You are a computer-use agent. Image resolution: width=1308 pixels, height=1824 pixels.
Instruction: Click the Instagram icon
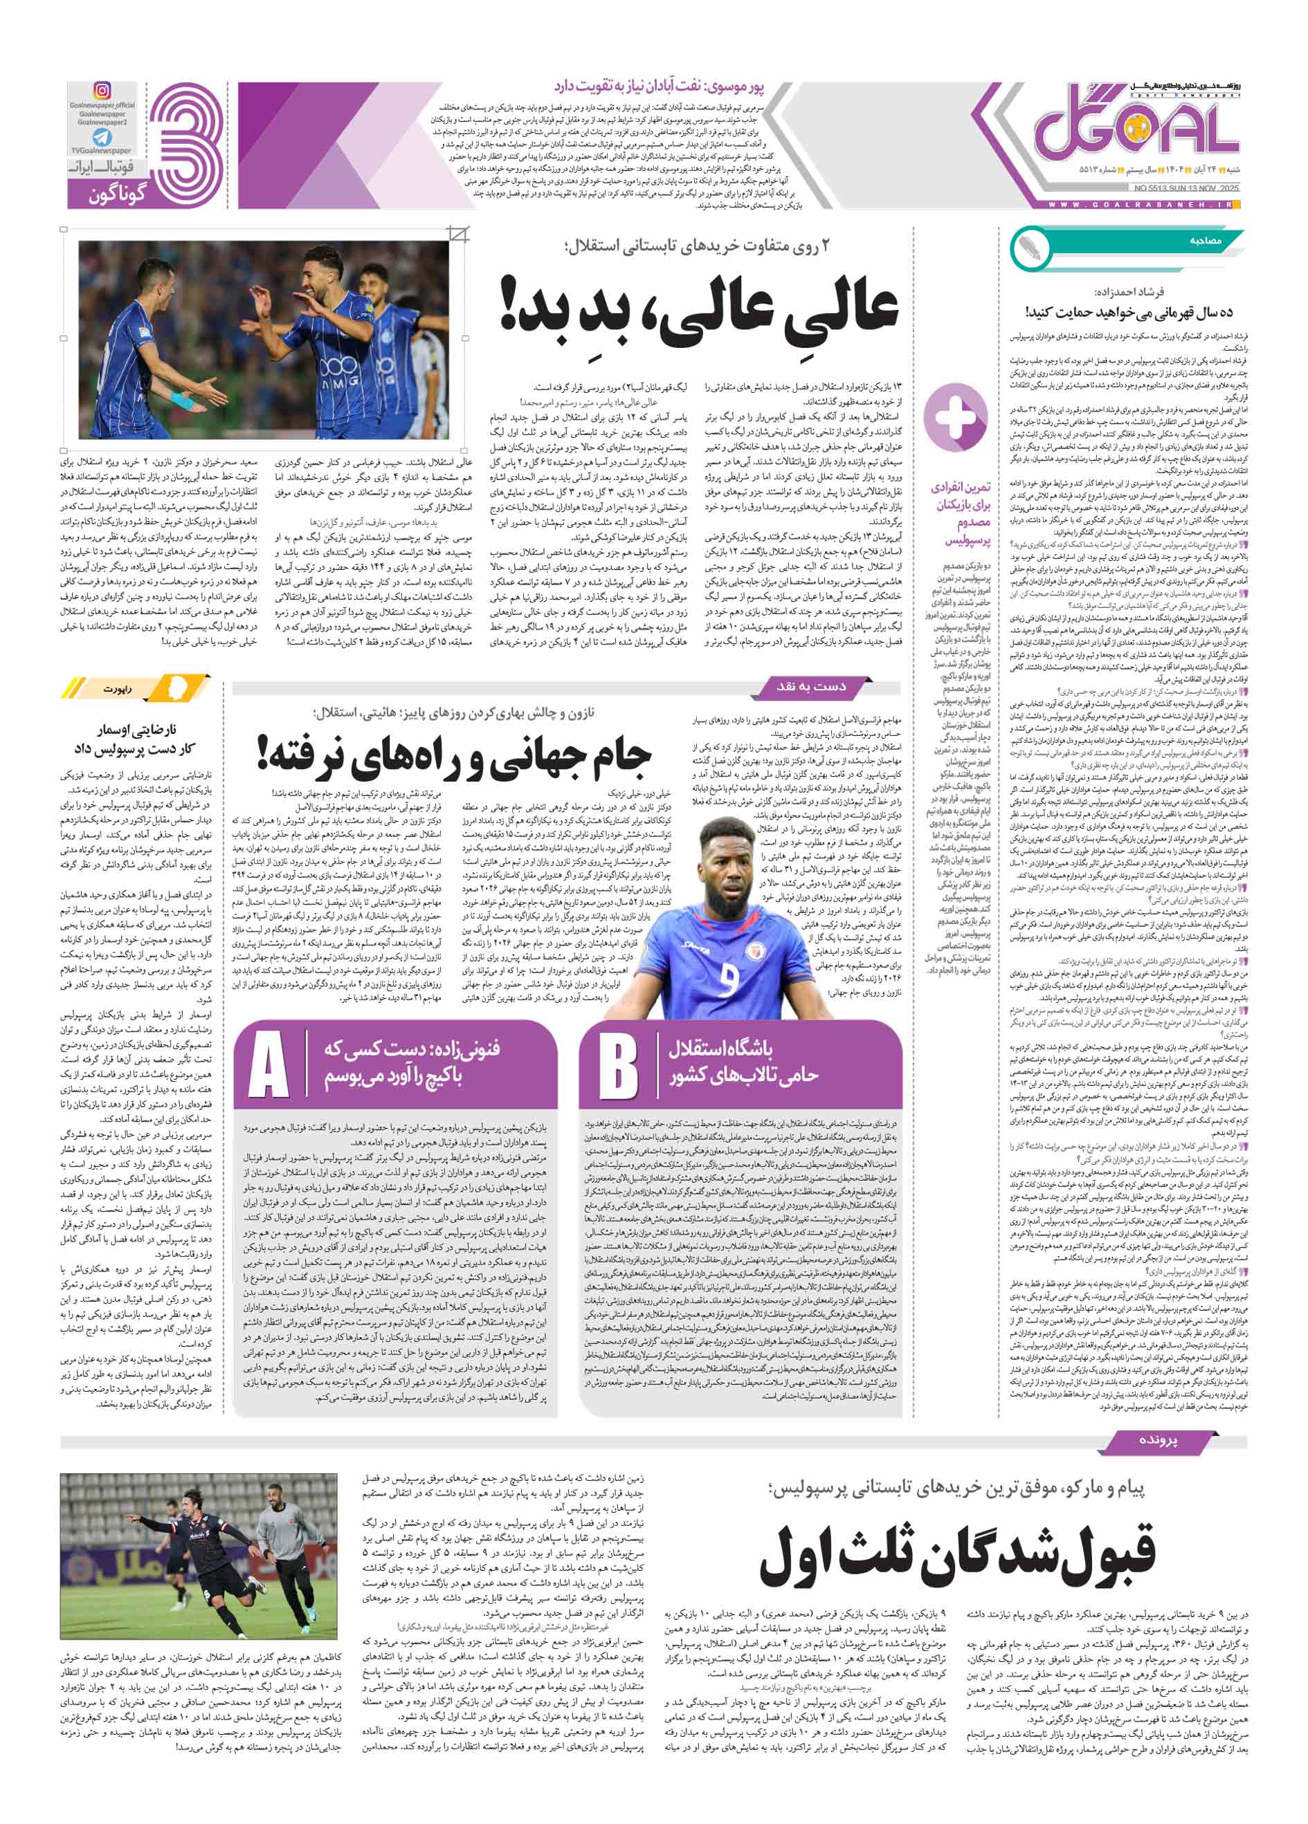(x=102, y=90)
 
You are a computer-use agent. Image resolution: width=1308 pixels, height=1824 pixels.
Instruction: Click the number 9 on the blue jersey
(x=728, y=979)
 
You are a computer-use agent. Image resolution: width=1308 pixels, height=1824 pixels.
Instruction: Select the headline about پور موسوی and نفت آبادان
(x=669, y=85)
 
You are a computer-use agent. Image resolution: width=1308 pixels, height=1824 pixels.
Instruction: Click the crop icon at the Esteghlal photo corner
(x=459, y=234)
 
